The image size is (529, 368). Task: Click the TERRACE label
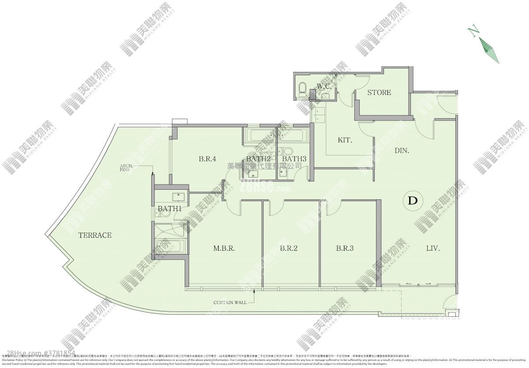tap(94, 235)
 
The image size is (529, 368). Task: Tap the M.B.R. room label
tap(224, 248)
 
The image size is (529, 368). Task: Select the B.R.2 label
tap(289, 248)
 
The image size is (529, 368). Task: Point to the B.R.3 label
tap(345, 248)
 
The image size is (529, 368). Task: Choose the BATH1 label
tap(170, 208)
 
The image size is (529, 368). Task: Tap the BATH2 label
tap(258, 159)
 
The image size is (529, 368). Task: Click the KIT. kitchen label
tap(345, 140)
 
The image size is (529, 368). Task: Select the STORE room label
tap(379, 93)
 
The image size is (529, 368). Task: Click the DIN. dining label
tap(402, 150)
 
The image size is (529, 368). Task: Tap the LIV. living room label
tap(433, 248)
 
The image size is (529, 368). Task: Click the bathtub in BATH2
tap(258, 134)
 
